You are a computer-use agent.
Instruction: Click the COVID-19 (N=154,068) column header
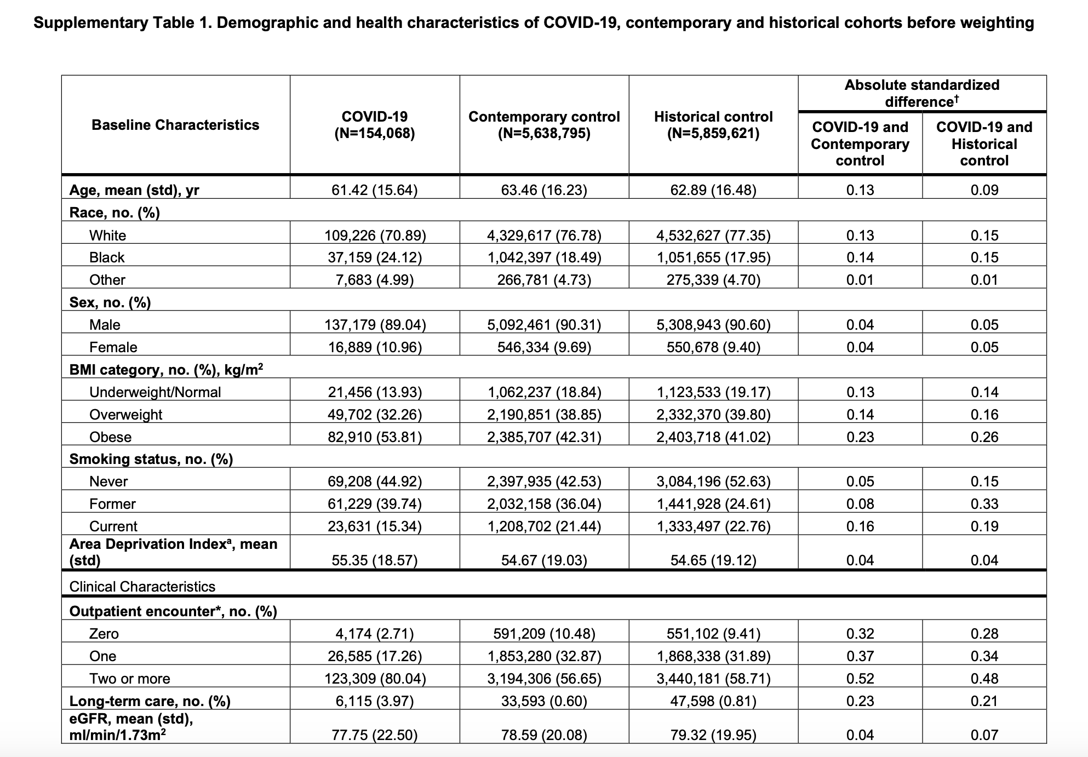375,125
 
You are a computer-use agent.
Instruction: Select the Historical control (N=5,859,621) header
713,125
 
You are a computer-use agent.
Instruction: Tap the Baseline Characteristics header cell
175,125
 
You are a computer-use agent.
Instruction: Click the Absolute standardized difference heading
922,93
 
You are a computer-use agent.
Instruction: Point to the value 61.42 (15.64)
375,190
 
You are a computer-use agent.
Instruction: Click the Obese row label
111,437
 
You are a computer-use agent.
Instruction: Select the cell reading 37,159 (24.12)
375,257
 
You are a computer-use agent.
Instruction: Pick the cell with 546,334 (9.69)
544,347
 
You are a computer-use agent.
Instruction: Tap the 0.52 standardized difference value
860,679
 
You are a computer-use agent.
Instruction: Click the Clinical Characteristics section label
142,587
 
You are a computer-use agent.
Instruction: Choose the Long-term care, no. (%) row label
150,701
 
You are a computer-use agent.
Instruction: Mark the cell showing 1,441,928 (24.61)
713,504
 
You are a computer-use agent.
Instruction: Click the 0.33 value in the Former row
984,504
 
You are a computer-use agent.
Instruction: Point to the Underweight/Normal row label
155,392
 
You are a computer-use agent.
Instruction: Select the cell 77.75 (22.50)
375,735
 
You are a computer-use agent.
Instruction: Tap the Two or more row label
130,679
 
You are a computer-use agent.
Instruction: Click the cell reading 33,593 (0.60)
544,701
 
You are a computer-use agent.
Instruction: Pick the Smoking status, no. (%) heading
151,459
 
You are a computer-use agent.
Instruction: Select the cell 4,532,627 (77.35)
713,236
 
